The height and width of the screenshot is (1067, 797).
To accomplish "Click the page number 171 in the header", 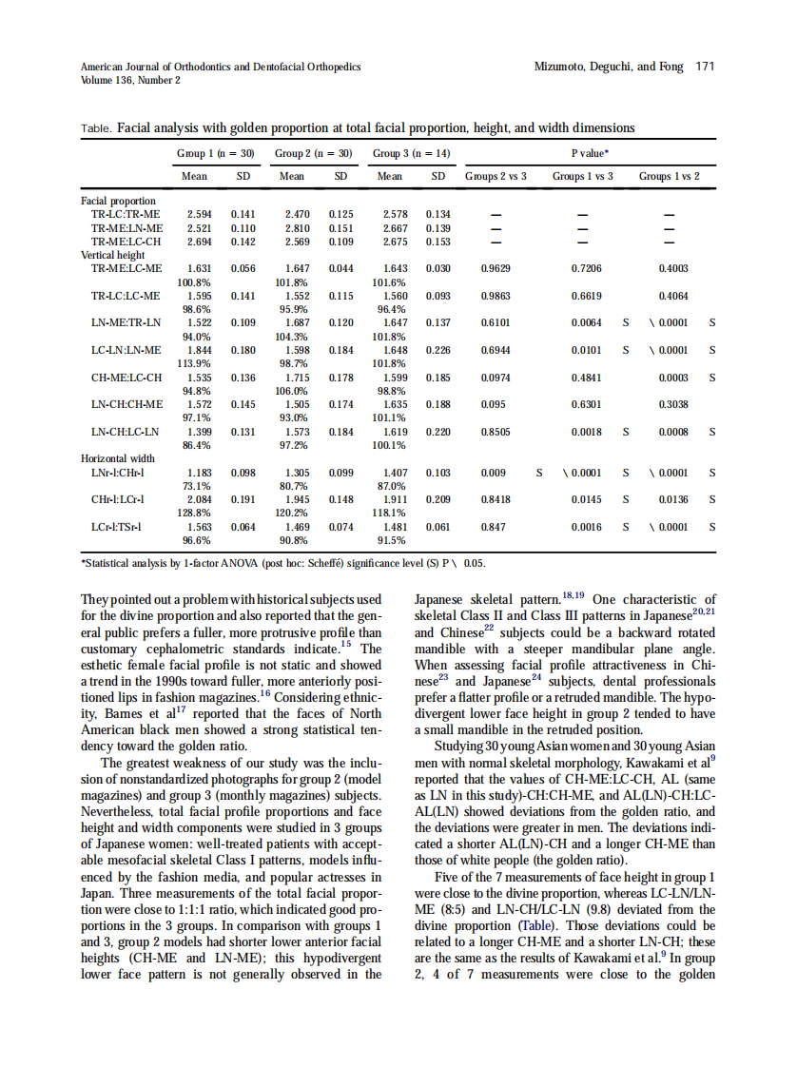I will (x=705, y=67).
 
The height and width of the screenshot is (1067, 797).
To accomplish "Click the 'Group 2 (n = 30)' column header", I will (x=314, y=153).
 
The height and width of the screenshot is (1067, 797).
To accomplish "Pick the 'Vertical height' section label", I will (x=113, y=255).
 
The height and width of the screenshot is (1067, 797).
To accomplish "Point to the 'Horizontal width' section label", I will (x=117, y=458).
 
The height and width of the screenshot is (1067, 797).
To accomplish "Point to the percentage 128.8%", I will (x=194, y=512).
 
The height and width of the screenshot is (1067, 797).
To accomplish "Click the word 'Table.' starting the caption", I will (x=97, y=127).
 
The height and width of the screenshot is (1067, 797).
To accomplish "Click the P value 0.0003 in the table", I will (x=672, y=378).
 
